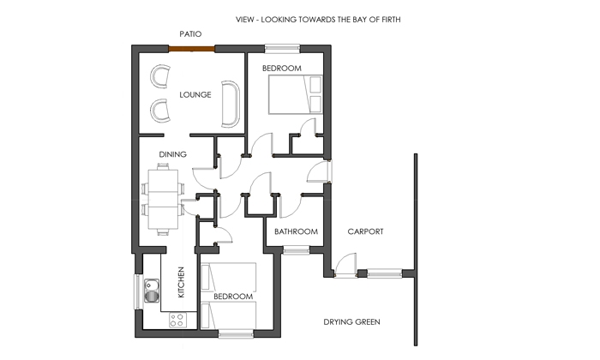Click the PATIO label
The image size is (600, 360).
click(190, 34)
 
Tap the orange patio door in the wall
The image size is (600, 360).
click(192, 49)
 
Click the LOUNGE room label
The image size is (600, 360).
click(195, 94)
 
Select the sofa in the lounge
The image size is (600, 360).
click(231, 104)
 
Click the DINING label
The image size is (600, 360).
click(172, 154)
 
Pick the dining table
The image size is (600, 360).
click(163, 199)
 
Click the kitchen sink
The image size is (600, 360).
click(152, 291)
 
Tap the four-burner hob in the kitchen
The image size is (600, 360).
click(178, 320)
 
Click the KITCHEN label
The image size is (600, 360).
click(182, 282)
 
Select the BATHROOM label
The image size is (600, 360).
click(297, 231)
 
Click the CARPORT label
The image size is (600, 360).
click(365, 231)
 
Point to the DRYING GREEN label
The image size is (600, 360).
click(351, 321)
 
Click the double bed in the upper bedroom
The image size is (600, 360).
click(295, 94)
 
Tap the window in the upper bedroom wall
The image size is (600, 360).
click(282, 48)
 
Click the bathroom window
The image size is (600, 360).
click(297, 250)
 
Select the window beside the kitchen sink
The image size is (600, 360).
click(137, 291)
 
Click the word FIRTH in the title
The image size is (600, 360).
click(391, 20)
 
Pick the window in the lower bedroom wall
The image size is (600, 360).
click(236, 334)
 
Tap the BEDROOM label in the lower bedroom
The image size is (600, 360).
click(233, 297)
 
